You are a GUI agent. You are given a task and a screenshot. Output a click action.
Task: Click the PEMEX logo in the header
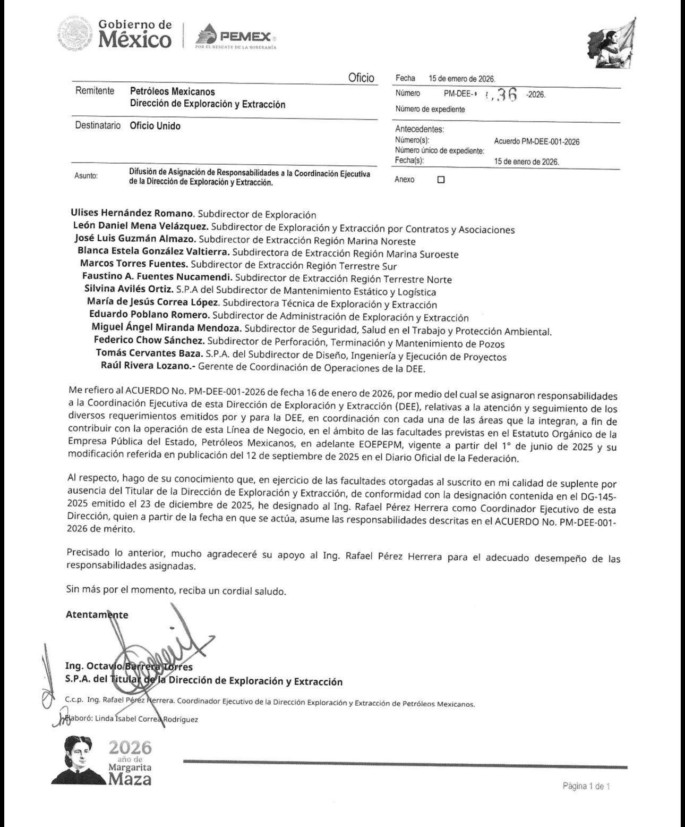coord(235,38)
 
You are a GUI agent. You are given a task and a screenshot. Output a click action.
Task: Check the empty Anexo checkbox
coord(441,180)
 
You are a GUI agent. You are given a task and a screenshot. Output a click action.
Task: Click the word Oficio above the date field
coord(361,78)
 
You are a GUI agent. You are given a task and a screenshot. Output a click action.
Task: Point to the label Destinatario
coord(98,126)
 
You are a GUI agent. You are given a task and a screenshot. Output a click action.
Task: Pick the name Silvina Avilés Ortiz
coord(129,290)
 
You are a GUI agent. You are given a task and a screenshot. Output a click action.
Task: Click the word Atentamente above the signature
coord(97,614)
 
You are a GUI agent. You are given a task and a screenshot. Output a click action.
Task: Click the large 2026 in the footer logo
coord(130,748)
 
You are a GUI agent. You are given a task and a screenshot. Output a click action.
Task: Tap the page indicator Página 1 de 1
coord(586,787)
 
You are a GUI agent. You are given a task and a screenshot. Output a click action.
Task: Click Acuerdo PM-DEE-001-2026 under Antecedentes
coord(536,142)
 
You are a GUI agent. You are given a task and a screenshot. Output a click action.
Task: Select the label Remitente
coord(95,91)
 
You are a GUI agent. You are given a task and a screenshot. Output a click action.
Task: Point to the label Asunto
coord(86,176)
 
